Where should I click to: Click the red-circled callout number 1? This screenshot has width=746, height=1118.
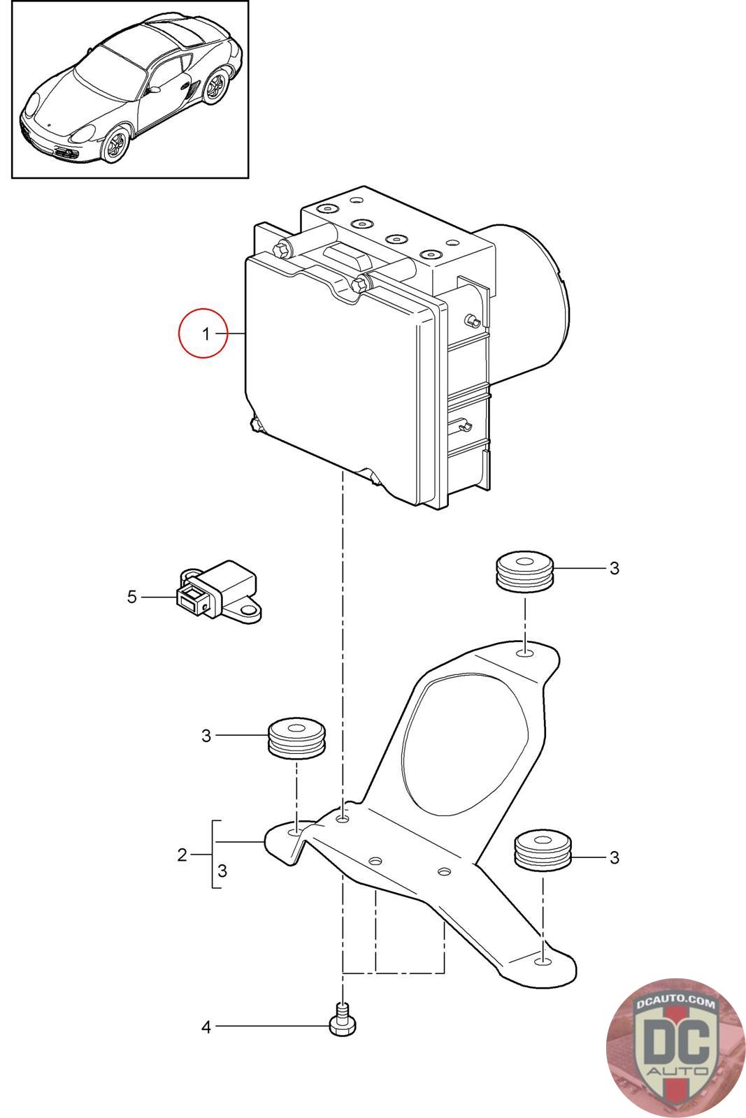(206, 334)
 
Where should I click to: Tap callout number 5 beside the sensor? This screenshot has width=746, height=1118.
(132, 597)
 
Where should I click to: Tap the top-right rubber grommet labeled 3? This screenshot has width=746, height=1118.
(524, 572)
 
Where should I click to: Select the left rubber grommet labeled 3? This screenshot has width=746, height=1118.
(297, 739)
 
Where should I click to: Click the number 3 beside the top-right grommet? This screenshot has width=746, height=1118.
(614, 568)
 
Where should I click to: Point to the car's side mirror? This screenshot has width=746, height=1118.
(154, 90)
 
